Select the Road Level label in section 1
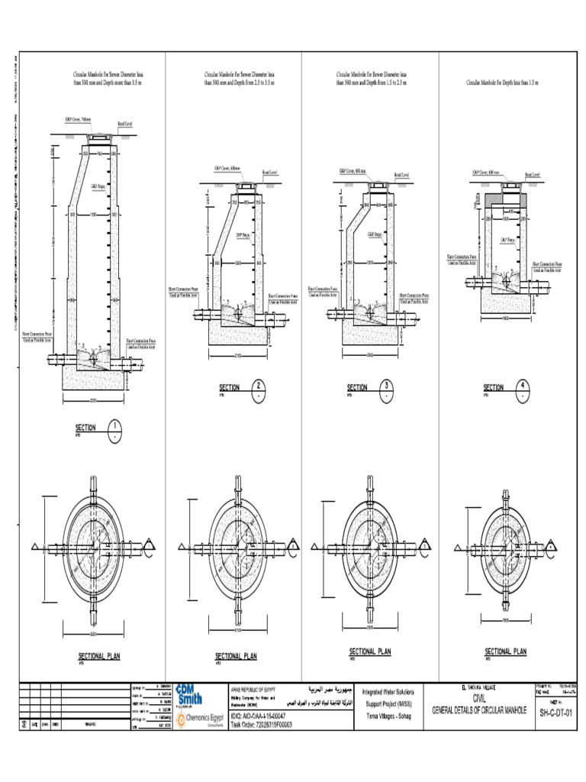pos(126,122)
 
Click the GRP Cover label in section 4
pos(485,173)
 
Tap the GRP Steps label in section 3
pos(374,234)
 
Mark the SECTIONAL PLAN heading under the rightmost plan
pos(505,651)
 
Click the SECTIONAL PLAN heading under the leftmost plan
pos(99,655)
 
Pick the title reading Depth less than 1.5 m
pos(503,82)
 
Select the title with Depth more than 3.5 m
pos(107,79)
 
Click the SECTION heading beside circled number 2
pos(229,388)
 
